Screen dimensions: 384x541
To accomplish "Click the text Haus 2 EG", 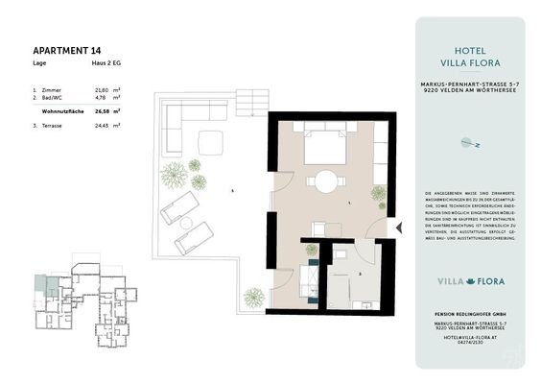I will coord(105,63).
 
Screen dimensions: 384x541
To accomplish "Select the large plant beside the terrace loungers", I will coord(174,175).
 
